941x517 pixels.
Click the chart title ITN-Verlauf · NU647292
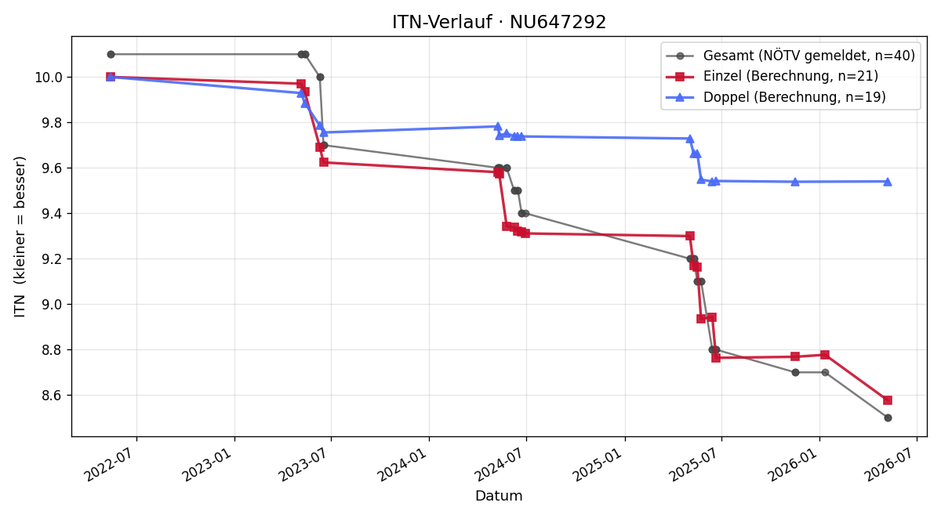(x=499, y=22)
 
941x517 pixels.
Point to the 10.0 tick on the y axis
(x=49, y=78)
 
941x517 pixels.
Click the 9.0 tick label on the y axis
(x=53, y=305)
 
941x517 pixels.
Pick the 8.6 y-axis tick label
(x=53, y=396)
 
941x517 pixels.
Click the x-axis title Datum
(x=499, y=496)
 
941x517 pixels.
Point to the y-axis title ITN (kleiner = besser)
(x=20, y=237)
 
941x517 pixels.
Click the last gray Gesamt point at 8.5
(x=888, y=418)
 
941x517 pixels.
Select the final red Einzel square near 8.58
(x=888, y=400)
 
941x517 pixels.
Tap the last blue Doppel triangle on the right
(x=888, y=182)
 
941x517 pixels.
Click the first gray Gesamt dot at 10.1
(x=111, y=55)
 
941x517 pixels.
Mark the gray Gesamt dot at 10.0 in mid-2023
(x=320, y=78)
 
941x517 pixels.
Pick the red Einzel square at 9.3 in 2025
(x=690, y=236)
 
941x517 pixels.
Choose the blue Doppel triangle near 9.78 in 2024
(x=498, y=126)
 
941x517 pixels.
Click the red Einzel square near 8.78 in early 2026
(x=825, y=355)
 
